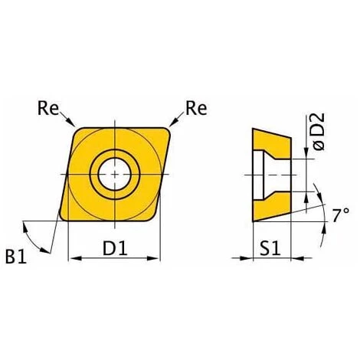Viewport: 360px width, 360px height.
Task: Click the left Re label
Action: pos(48,108)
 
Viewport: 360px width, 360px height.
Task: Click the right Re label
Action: pos(196,108)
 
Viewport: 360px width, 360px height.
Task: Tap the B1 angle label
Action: pos(16,257)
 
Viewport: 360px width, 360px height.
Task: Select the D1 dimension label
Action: pos(115,248)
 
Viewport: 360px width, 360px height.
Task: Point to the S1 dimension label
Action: pos(270,248)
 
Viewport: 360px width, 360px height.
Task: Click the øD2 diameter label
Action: pos(319,131)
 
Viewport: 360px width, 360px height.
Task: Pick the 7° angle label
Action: pos(341,215)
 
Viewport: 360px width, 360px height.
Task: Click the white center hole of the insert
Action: pos(115,174)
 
